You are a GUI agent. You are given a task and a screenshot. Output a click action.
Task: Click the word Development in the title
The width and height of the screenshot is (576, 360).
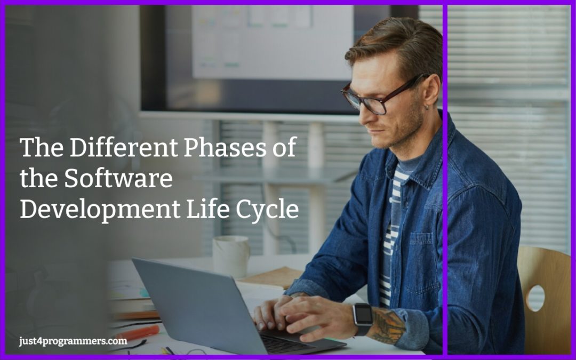point(99,210)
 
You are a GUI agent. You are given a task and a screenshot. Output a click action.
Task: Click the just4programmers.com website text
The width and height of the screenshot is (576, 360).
point(73,341)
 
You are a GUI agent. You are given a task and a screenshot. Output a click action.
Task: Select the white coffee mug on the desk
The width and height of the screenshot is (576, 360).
point(231,256)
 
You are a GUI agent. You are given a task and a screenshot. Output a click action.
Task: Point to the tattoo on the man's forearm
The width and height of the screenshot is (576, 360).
point(388,325)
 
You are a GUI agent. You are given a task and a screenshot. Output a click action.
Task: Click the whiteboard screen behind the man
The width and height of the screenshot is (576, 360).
point(272,43)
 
